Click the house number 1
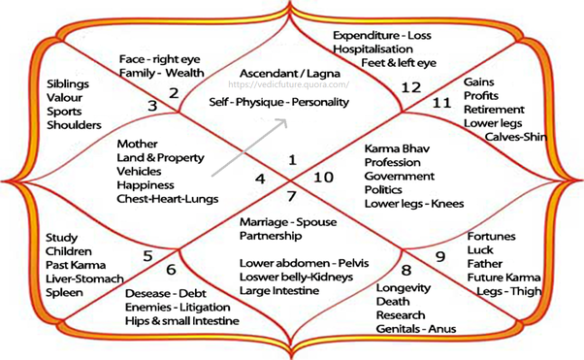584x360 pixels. coord(292,160)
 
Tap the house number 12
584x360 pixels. coord(411,87)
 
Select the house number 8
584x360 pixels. coord(406,270)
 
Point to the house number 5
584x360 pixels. coord(147,256)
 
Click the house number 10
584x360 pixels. coord(323,178)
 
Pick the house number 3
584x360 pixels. coord(152,106)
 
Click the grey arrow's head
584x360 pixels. coord(282,123)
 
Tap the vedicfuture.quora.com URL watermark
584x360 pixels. coord(289,84)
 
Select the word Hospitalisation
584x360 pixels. coord(373,49)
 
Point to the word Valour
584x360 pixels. coord(64,98)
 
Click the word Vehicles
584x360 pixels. coord(139,172)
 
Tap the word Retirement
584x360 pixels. coord(494,110)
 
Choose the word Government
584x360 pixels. coord(400,176)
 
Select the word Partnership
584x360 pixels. coord(271,236)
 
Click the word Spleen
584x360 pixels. coord(64,293)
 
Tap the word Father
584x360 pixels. coord(485,264)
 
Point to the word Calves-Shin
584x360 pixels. coord(516,137)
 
